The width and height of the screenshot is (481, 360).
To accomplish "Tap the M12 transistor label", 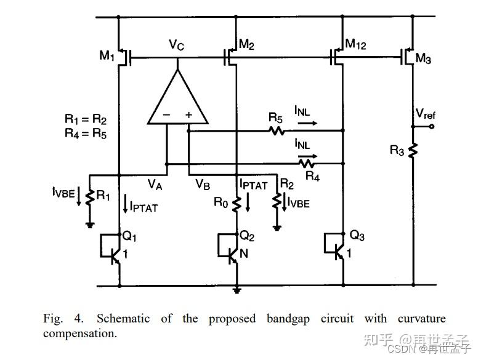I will pyautogui.click(x=357, y=44).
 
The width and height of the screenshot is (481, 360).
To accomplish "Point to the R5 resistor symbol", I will pyautogui.click(x=275, y=130).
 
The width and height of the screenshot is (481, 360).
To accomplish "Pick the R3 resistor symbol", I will pyautogui.click(x=413, y=150).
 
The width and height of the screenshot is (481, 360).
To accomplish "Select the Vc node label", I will pyautogui.click(x=178, y=44).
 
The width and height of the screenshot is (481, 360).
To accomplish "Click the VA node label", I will pyautogui.click(x=156, y=183).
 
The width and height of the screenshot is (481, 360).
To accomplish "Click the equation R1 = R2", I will pyautogui.click(x=86, y=119).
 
